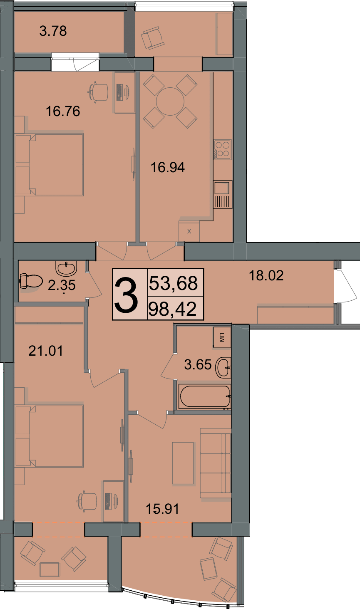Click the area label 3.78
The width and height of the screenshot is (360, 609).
point(53,31)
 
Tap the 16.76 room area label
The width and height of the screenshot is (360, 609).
point(63,111)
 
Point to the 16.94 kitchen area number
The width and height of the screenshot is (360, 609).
point(168,168)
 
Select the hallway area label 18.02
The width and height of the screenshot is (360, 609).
point(266,275)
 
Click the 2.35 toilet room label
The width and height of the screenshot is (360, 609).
point(62,285)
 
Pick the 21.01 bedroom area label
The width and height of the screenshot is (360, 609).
point(46,351)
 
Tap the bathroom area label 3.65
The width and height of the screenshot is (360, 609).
point(198,364)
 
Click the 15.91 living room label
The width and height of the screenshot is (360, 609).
point(162,509)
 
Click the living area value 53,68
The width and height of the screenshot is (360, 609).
point(173,283)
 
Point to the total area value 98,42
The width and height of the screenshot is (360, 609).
point(173,309)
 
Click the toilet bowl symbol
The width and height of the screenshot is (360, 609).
point(31,281)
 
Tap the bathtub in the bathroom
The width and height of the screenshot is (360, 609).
point(205,396)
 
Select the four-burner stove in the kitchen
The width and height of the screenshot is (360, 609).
point(223,149)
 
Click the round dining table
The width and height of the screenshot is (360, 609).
point(170,101)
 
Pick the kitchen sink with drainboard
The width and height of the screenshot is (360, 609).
point(223,194)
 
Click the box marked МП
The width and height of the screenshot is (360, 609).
point(222,337)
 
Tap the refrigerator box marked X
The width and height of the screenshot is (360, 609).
point(189,231)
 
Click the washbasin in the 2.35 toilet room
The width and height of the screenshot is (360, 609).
point(66,268)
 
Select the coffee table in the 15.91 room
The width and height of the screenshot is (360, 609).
point(183,463)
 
